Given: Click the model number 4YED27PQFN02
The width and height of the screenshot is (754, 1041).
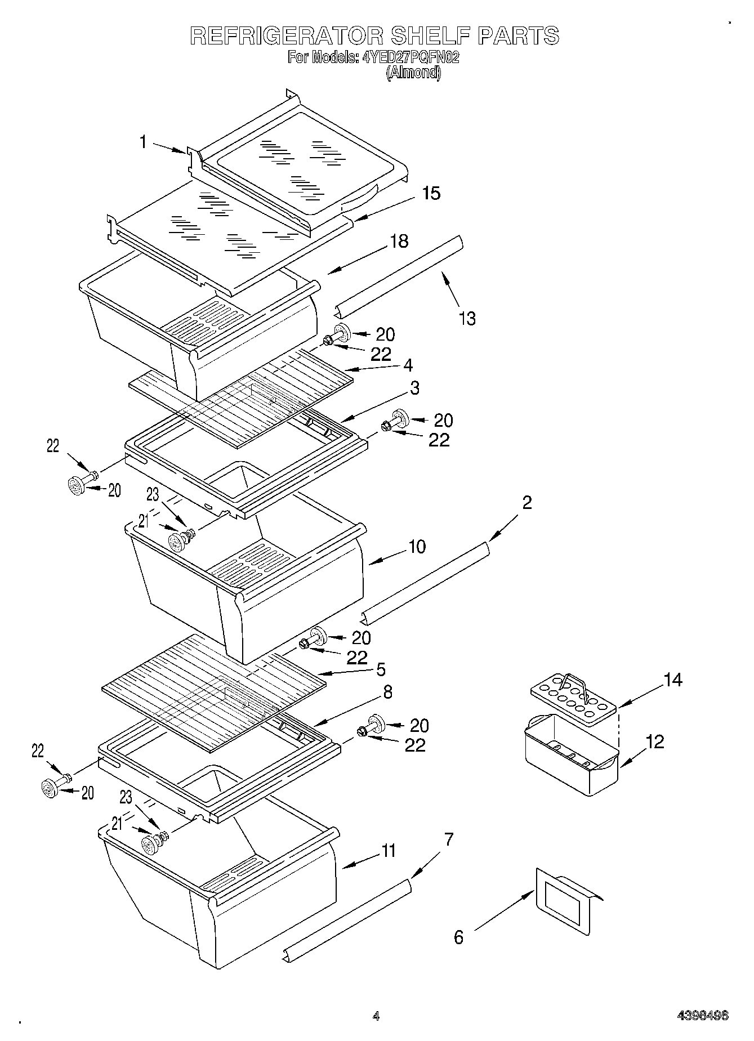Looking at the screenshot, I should [411, 57].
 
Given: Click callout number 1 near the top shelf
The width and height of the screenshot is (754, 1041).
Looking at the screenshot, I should [143, 142].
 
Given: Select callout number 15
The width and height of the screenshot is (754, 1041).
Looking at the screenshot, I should [431, 193].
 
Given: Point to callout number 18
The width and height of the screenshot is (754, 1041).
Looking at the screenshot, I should [399, 242].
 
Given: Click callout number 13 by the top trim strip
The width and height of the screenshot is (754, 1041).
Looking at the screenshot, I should [467, 318].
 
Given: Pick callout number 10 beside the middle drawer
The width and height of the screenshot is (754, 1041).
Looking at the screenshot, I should [417, 546].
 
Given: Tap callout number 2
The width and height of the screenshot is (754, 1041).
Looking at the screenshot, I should [527, 502].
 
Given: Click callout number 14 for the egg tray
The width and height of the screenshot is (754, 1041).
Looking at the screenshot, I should [673, 680].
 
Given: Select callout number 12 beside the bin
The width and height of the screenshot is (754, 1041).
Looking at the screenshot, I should [655, 741].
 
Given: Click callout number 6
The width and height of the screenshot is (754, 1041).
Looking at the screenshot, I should [458, 937].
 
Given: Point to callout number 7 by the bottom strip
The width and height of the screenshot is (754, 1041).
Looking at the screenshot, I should [448, 839].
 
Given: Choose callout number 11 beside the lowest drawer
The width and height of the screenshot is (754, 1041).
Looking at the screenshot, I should [389, 851].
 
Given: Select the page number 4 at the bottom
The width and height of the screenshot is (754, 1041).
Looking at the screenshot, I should [376, 1016].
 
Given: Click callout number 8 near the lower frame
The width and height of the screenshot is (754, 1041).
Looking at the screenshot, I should [387, 692].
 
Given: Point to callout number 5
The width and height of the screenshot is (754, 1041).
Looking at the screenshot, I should [381, 669].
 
